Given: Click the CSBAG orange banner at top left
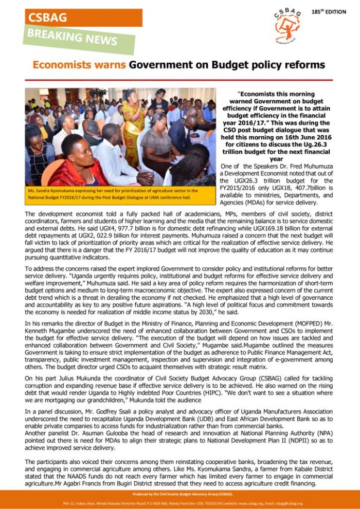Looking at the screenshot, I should [82, 17].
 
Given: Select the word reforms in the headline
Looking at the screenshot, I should [303, 65].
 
